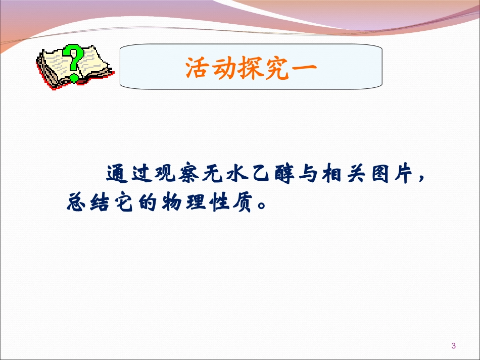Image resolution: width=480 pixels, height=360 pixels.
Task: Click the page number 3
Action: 453,346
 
